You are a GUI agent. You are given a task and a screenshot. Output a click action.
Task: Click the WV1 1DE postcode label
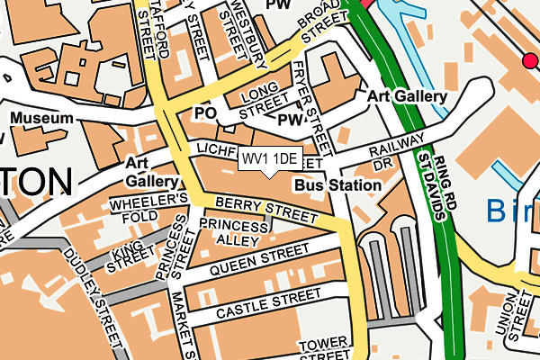tap(270, 159)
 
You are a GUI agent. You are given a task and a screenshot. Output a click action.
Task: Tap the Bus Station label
tap(337, 184)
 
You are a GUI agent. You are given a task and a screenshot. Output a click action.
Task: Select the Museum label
tap(41, 118)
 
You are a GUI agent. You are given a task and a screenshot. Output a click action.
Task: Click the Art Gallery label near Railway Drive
tap(407, 96)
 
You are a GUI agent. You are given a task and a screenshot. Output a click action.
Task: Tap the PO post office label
tap(205, 112)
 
